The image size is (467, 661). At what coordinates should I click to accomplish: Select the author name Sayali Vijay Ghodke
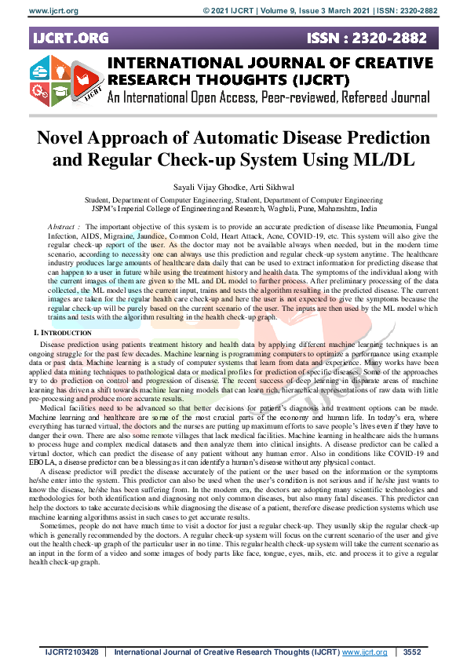coord(199,189)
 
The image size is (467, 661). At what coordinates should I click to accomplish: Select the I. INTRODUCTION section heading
coord(62,334)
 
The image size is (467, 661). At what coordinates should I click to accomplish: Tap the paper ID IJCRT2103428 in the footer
coord(70,652)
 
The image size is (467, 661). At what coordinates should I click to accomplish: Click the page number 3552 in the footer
coord(411,652)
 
